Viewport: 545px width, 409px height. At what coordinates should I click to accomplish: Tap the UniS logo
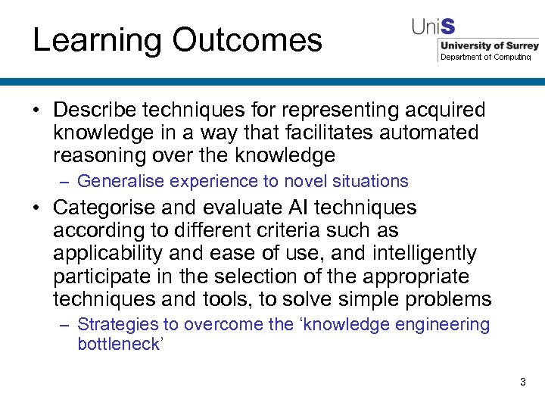click(433, 28)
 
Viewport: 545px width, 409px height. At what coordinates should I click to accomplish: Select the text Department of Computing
click(486, 57)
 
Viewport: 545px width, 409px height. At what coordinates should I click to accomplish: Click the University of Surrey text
click(489, 45)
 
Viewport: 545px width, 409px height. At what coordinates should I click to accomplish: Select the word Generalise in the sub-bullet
click(121, 181)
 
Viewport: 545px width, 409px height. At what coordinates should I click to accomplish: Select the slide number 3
click(522, 382)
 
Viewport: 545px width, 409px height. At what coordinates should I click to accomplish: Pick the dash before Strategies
click(66, 326)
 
